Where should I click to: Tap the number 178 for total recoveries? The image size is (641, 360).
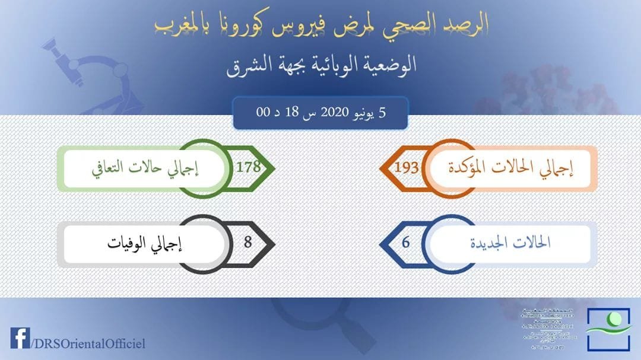248,167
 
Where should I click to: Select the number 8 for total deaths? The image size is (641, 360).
248,242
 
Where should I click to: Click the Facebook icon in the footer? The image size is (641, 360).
19,339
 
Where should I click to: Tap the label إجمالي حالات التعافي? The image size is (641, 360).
145,167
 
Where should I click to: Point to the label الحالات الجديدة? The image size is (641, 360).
510,243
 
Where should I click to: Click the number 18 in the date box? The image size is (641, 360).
292,113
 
